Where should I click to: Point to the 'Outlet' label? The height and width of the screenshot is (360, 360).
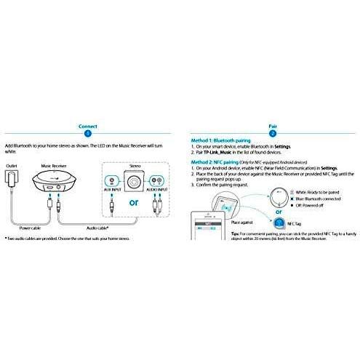11,167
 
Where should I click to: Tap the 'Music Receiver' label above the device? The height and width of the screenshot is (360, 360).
55,167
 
